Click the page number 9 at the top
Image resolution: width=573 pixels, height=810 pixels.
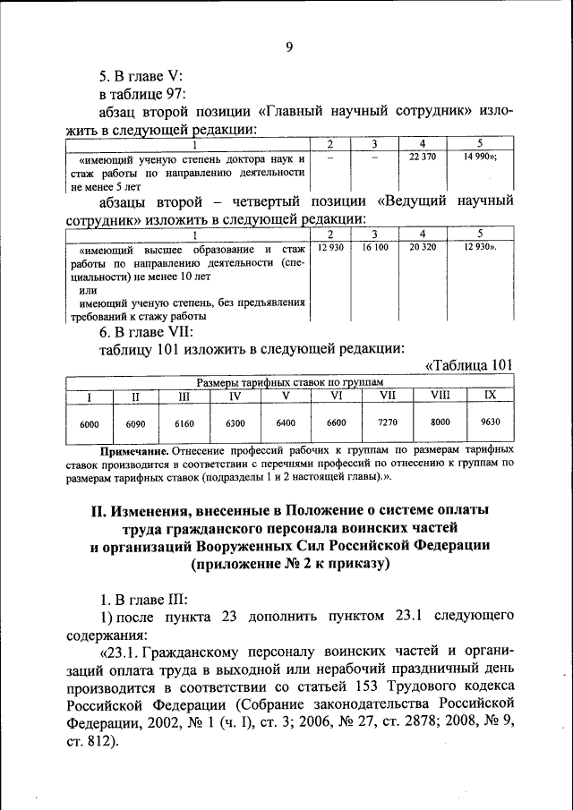coord(289,47)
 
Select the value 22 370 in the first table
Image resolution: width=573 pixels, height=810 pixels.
coord(421,158)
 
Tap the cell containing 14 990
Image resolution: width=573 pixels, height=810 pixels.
coord(480,158)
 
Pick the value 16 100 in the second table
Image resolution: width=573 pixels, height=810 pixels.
coord(375,247)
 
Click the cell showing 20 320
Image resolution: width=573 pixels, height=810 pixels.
coord(421,247)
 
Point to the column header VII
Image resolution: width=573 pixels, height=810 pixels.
coord(388,395)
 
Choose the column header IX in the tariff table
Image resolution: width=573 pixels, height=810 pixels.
coord(490,395)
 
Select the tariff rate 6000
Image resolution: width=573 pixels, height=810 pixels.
coord(90,423)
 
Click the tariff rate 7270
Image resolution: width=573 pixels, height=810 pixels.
coord(388,422)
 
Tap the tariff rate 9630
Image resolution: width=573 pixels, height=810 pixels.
coord(490,422)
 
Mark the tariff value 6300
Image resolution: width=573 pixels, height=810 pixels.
coord(235,423)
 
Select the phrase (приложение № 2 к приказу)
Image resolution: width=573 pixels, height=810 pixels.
coord(290,564)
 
